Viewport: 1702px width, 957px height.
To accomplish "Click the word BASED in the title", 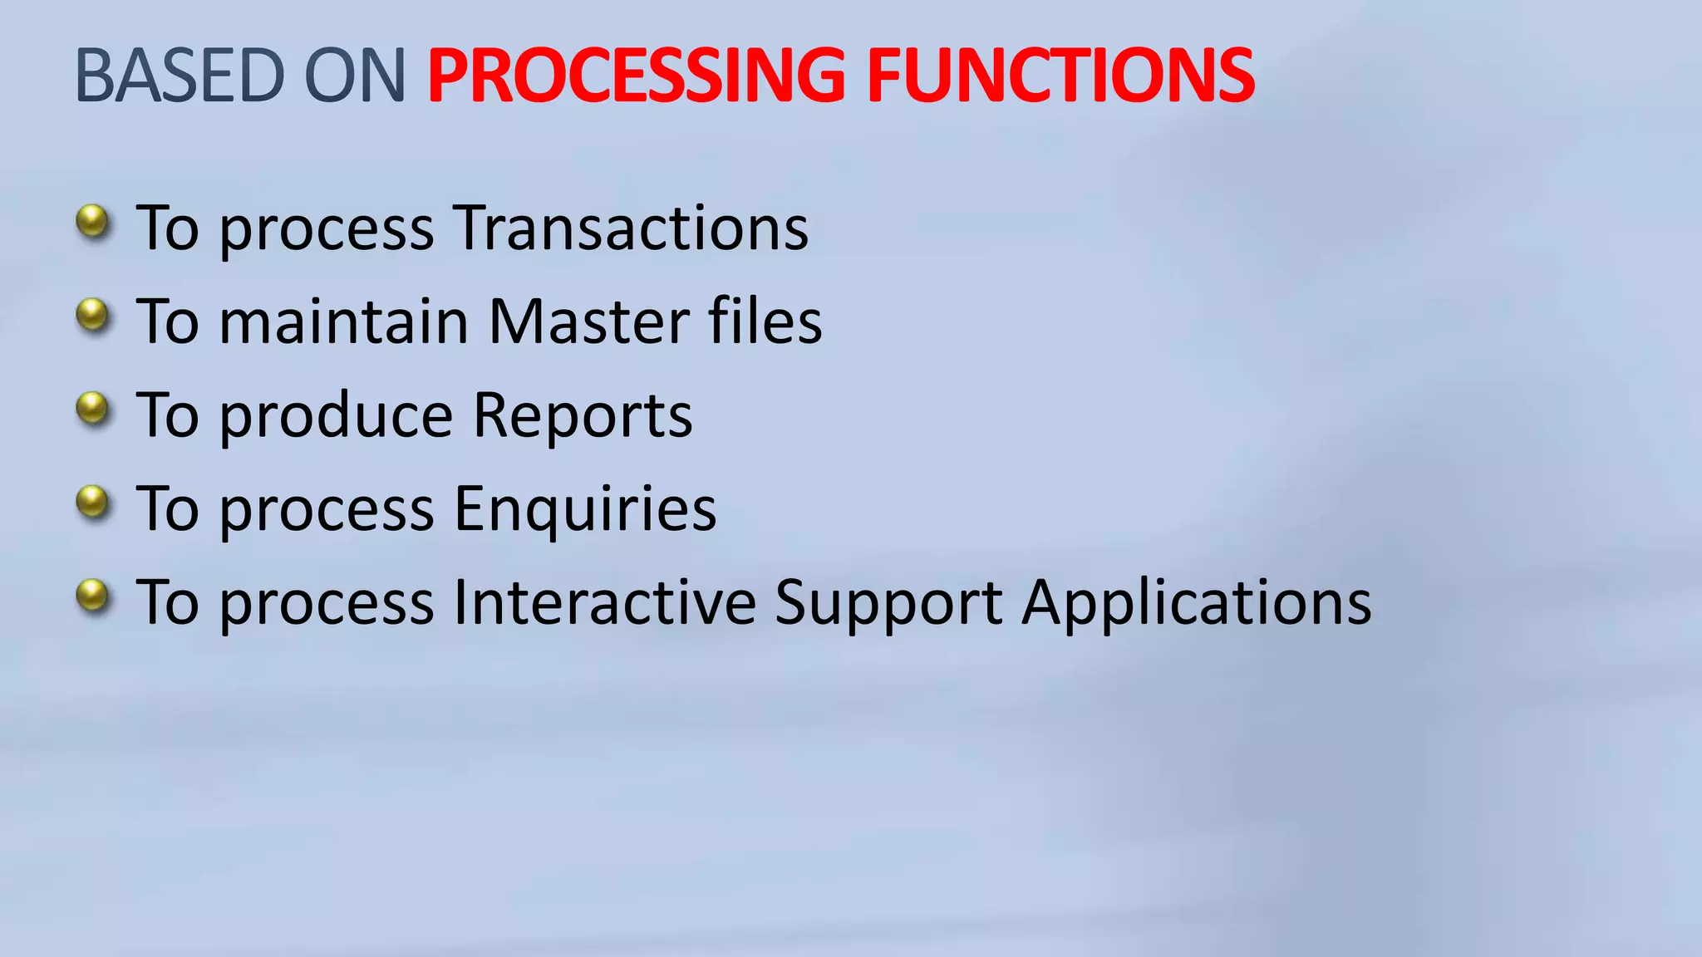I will click(180, 76).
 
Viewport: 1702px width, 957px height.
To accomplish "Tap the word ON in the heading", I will click(355, 76).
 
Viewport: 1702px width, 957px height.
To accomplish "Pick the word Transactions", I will click(631, 228).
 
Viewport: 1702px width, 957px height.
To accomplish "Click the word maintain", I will click(344, 321).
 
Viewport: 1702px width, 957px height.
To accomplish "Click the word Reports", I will click(582, 415).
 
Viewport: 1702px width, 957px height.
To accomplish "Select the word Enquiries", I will click(585, 509).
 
